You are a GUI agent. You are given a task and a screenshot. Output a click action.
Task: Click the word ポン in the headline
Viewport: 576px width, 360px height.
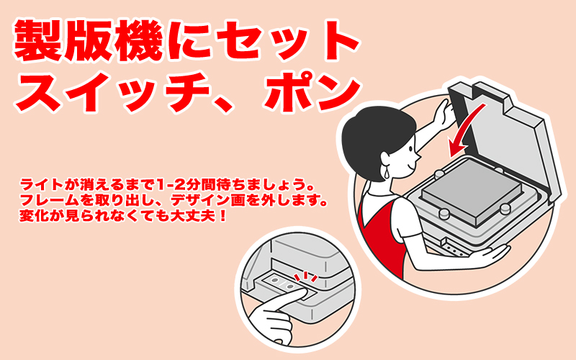coord(313,92)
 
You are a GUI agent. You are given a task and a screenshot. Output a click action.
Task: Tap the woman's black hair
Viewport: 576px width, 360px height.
coord(374,140)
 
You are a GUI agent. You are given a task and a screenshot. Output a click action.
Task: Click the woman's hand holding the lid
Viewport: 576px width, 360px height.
coord(444,113)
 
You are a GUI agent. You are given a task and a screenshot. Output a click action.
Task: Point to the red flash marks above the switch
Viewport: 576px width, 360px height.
coord(305,276)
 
